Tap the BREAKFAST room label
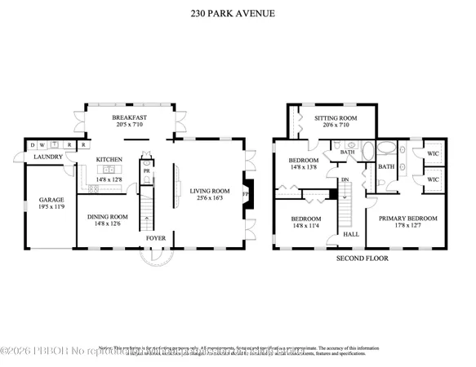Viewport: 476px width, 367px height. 129,118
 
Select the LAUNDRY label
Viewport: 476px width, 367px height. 47,157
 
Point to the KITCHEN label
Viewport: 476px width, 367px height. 109,159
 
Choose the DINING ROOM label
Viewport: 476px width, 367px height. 108,216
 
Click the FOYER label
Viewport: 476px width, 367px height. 156,238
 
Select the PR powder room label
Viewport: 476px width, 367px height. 146,172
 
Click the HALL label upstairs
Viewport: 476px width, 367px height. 351,234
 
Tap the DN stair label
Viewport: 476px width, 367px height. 344,180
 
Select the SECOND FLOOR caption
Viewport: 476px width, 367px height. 363,258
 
